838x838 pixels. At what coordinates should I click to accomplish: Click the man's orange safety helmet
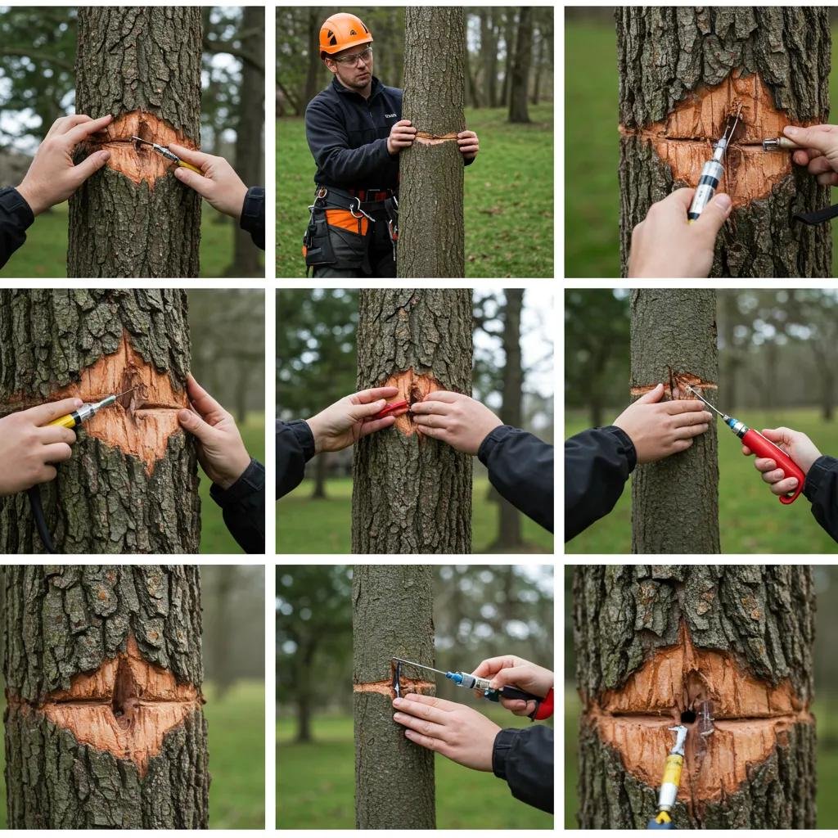(x=344, y=33)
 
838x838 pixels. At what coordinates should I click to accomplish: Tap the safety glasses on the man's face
(x=352, y=57)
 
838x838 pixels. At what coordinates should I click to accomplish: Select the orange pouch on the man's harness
(x=348, y=221)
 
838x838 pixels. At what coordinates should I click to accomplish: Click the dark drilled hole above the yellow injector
(x=688, y=717)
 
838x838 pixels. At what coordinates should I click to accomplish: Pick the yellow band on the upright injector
(x=672, y=770)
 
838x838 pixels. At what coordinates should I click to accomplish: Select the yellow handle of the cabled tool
(x=64, y=419)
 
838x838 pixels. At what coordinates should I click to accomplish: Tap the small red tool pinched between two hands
(x=392, y=408)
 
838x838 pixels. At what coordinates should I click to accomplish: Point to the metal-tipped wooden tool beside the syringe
(x=777, y=144)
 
